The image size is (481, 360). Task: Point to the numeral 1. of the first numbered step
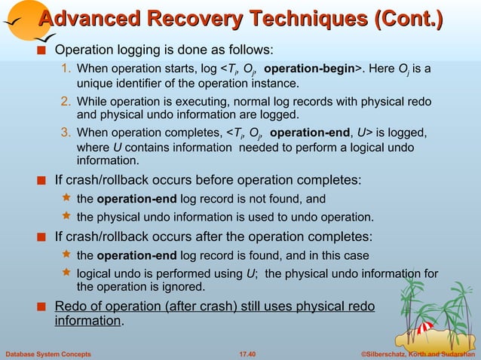[66, 70]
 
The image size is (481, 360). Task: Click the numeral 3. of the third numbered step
[66, 134]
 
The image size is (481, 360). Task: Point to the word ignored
[182, 287]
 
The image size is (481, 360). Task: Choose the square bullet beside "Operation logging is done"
[44, 50]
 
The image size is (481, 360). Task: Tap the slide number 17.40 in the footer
[247, 353]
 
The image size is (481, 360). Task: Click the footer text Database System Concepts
[47, 353]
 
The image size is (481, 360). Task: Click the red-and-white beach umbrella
[424, 326]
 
